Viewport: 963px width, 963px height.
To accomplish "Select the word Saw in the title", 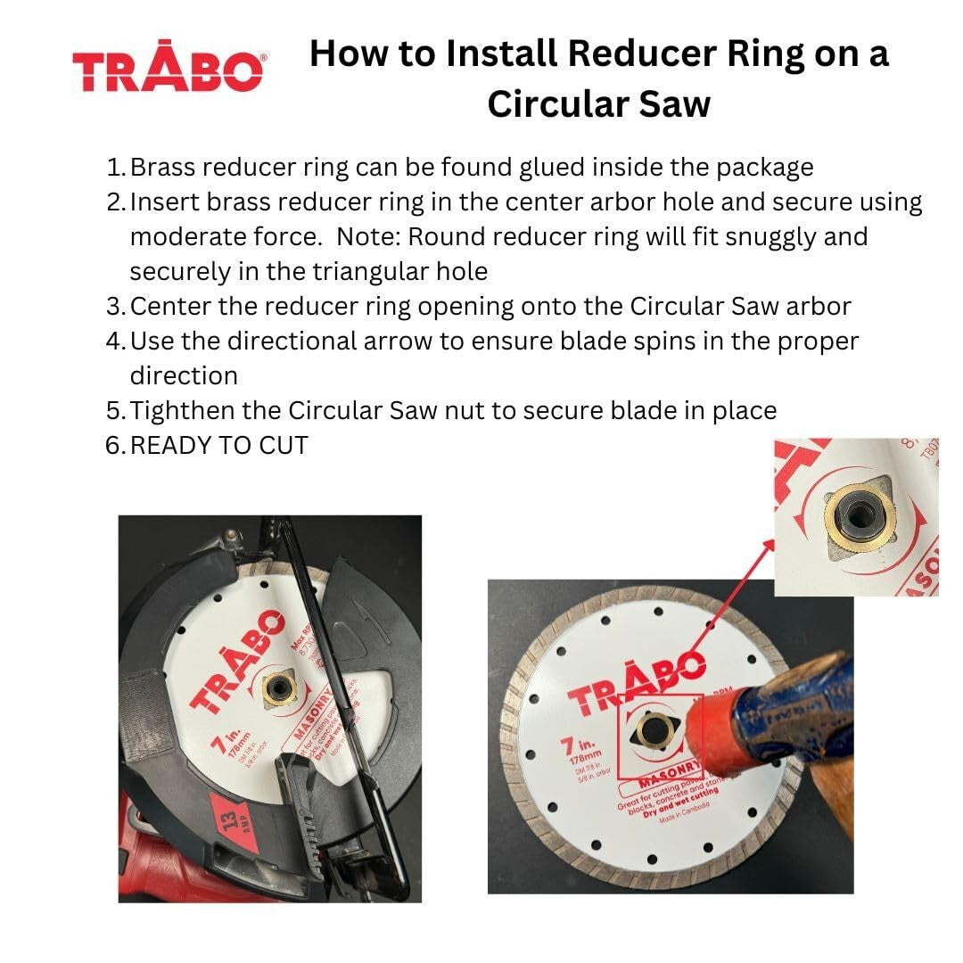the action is point(673,104).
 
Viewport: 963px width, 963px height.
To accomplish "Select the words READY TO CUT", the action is point(218,445).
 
